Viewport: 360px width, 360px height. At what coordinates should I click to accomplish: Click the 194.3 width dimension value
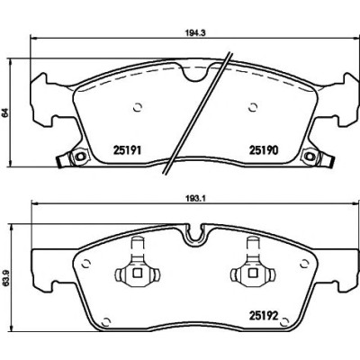click(196, 32)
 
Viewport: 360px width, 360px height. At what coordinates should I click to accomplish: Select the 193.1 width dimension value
click(195, 198)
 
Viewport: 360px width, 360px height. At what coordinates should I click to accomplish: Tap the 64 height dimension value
click(5, 113)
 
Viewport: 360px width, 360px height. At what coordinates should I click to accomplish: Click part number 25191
click(127, 150)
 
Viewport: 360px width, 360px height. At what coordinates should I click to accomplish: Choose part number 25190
click(264, 150)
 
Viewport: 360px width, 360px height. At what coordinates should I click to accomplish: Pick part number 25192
click(265, 316)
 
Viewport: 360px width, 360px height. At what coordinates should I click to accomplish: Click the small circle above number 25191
click(138, 107)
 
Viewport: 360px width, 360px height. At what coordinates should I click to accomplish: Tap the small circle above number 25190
click(253, 107)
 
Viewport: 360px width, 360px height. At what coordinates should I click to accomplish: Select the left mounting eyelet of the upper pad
click(79, 157)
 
